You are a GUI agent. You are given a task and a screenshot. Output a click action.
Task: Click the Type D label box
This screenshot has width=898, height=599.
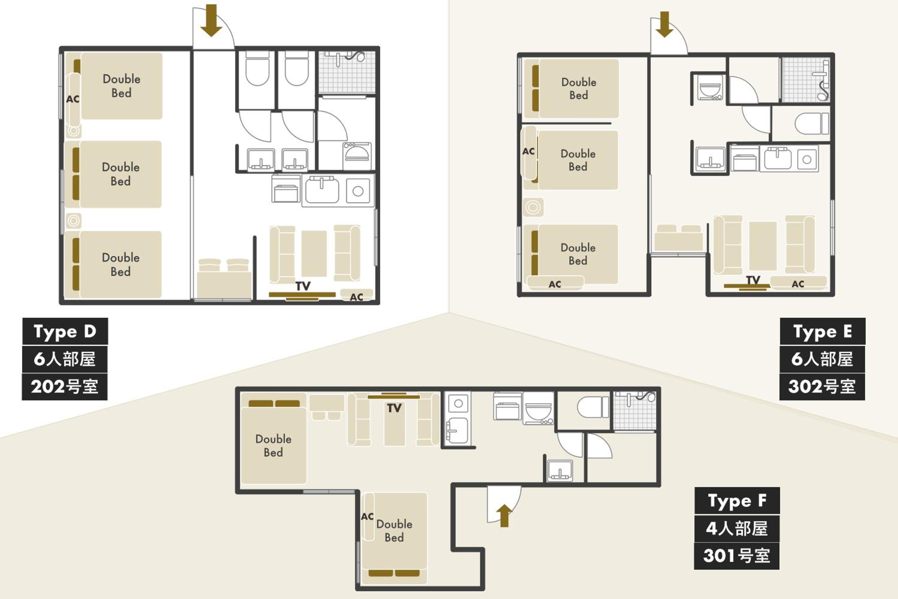click(x=65, y=331)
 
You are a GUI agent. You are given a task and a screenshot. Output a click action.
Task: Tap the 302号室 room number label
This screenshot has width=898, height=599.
click(x=822, y=386)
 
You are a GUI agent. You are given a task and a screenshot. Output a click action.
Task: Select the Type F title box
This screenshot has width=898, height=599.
click(x=737, y=501)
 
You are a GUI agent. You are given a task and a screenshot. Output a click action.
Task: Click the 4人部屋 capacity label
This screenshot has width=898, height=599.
click(x=737, y=528)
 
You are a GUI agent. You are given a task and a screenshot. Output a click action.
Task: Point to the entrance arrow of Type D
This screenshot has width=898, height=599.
click(x=211, y=20)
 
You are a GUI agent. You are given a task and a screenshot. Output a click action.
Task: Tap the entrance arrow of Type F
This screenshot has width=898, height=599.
click(x=505, y=516)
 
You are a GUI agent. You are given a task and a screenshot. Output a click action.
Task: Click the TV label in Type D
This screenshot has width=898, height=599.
click(x=303, y=286)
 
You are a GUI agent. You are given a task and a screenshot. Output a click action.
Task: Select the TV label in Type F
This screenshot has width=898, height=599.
click(x=394, y=408)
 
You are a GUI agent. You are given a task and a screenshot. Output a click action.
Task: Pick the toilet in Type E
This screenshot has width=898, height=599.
click(x=812, y=123)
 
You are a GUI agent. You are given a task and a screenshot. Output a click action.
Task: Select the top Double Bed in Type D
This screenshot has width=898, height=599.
click(x=122, y=86)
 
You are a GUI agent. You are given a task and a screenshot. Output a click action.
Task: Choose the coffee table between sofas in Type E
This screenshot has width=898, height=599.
click(x=763, y=246)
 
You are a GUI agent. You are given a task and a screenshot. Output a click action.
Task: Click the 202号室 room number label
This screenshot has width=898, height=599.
click(x=65, y=386)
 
